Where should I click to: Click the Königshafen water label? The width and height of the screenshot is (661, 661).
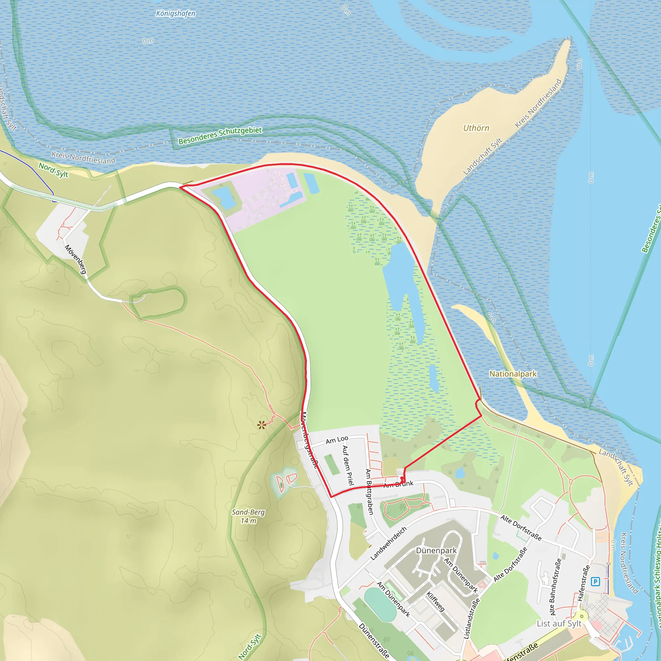pos(176,14)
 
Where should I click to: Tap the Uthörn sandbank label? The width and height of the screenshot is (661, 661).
pos(476,128)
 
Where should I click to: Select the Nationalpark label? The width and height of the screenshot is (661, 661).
pos(513,374)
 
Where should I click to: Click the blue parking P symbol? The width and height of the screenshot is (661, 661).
pos(595,581)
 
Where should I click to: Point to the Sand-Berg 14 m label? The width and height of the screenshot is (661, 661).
pos(248,516)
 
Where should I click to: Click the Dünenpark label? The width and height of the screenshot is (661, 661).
pos(436,551)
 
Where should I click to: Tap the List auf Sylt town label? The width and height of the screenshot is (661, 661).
pos(559,623)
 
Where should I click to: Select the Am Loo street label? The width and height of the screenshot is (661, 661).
pos(337,440)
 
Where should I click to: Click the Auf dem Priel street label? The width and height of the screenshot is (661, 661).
pos(348,465)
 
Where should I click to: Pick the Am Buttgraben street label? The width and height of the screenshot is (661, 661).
pos(369,492)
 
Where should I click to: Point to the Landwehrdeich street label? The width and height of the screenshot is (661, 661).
pos(388,543)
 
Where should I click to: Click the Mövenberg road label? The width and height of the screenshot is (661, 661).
pos(76,259)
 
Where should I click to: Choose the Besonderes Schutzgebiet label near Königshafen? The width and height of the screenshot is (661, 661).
pos(220,136)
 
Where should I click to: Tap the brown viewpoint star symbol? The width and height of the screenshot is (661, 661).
pos(262,425)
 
